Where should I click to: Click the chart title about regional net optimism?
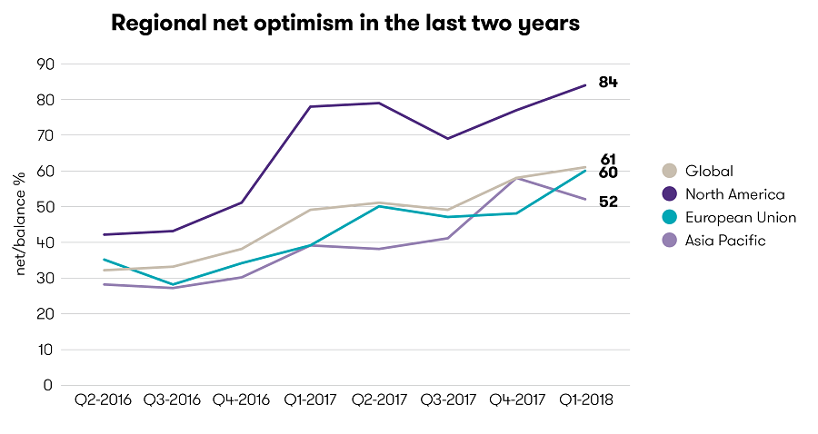click(x=344, y=24)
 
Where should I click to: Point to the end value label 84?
click(x=608, y=83)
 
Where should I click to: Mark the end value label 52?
click(x=608, y=202)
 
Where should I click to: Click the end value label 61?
click(x=608, y=160)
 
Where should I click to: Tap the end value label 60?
click(x=608, y=173)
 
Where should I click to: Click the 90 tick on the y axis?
click(x=45, y=64)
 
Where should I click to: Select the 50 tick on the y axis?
click(x=45, y=206)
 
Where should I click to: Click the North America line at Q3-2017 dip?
click(x=447, y=139)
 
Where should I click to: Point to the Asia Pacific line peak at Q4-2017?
click(x=516, y=178)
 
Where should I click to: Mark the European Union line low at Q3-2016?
click(x=173, y=284)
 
